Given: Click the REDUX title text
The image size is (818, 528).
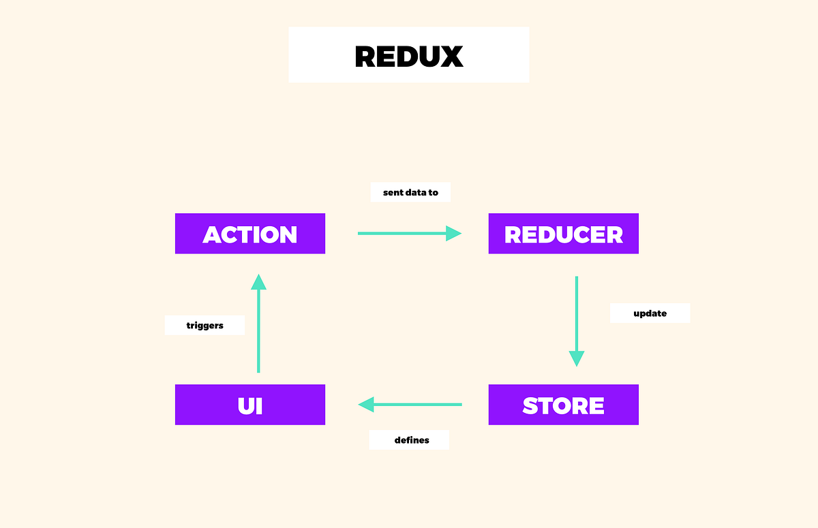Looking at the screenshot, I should tap(409, 57).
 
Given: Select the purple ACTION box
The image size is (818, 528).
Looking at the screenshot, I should tap(250, 234).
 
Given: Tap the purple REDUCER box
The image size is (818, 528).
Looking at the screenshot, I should tap(564, 234).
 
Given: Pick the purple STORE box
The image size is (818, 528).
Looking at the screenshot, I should tap(564, 405).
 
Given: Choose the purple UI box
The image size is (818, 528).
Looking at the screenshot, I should tap(250, 405).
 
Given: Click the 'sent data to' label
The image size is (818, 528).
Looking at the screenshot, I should tap(410, 193).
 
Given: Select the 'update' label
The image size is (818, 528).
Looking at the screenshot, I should tap(650, 313).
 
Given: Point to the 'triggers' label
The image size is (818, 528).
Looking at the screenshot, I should tap(204, 326).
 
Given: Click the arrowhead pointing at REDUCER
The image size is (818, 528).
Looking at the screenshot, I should tap(454, 234).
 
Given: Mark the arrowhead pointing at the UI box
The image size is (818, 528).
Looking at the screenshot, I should tap(367, 405).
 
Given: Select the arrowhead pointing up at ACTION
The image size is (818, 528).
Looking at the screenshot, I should tap(258, 282).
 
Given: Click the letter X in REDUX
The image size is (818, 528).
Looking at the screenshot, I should tap(451, 57).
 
